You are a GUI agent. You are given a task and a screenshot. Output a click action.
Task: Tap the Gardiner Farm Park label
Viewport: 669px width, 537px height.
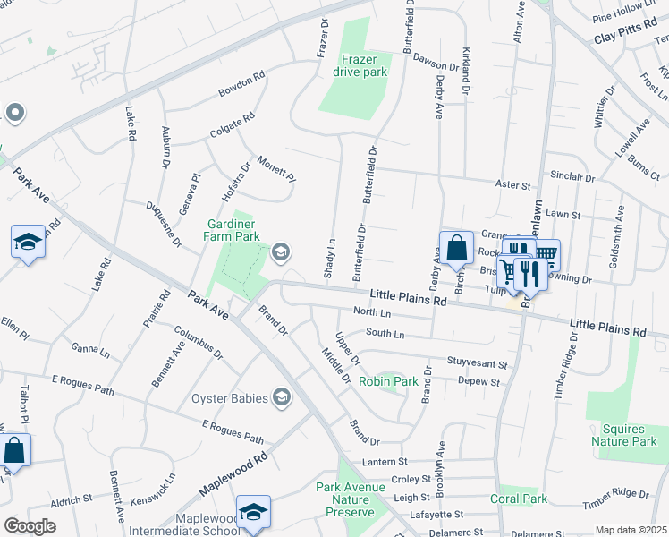pos(233,230)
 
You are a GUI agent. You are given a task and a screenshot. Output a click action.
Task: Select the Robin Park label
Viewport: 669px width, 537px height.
pos(388,381)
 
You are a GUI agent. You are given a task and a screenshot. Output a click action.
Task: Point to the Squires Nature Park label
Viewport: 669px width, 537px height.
pos(623,435)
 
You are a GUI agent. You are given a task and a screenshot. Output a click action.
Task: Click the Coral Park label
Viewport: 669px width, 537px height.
pos(518,499)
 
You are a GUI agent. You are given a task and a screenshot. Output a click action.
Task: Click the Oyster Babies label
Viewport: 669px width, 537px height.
pos(229,397)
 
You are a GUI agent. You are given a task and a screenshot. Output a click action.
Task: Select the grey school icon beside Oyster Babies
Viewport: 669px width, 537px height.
pos(282,397)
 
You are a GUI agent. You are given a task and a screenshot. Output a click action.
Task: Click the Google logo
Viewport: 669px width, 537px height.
pos(30,525)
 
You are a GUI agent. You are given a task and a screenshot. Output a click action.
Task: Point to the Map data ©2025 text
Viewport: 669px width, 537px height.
pos(630,530)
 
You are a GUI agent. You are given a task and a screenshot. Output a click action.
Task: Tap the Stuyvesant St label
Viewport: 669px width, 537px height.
pos(477,365)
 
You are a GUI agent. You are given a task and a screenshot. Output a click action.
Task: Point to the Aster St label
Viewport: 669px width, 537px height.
pos(513,184)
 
